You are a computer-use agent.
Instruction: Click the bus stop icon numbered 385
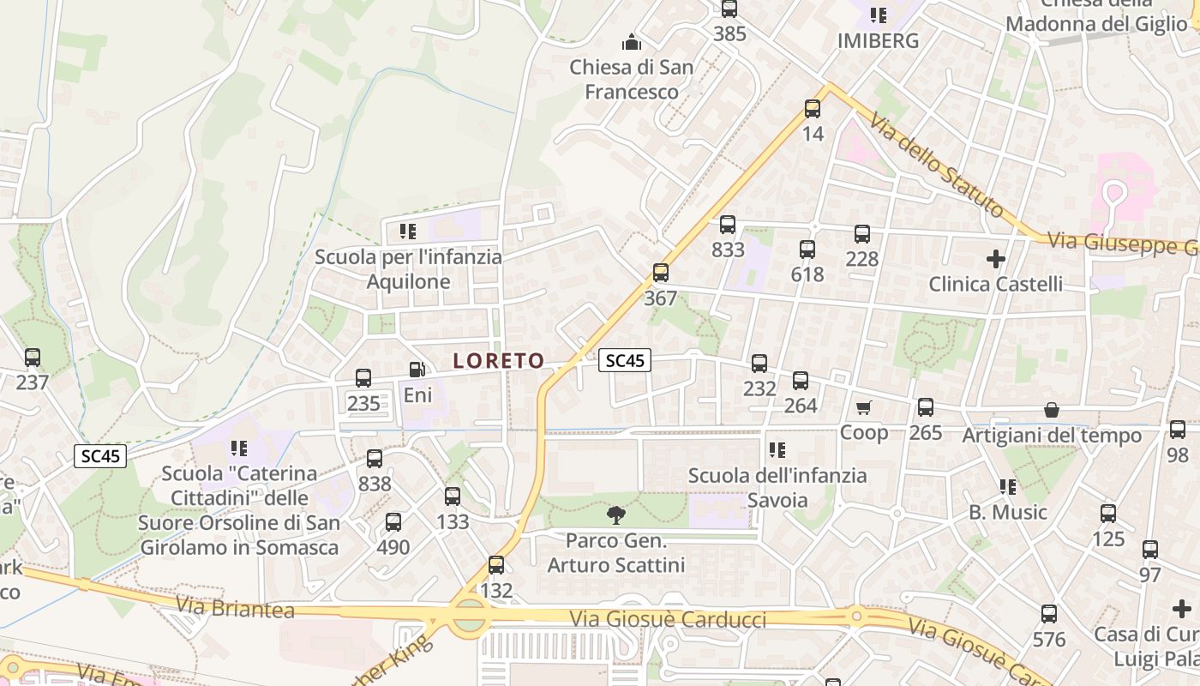[729, 9]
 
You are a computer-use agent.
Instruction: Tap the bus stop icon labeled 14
[813, 109]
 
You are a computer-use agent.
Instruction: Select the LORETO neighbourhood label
[499, 361]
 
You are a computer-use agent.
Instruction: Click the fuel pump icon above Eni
[417, 370]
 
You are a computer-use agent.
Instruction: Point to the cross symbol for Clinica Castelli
[996, 258]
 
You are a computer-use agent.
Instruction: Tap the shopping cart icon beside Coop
[863, 407]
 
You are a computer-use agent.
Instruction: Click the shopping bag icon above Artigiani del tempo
[1052, 411]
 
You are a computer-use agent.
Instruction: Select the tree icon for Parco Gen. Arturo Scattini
[615, 515]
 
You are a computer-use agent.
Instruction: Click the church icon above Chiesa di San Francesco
[632, 41]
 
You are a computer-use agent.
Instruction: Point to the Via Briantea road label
[235, 608]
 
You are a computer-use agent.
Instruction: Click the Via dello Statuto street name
[936, 165]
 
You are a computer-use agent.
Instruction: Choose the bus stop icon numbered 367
[660, 273]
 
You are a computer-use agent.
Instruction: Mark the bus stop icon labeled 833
[728, 225]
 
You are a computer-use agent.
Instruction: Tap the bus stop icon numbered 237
[33, 357]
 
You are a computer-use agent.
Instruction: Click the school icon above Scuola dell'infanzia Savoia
[777, 449]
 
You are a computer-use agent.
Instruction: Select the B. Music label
[1008, 512]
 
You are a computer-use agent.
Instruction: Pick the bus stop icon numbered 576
[1049, 614]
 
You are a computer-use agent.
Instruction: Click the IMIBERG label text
[878, 40]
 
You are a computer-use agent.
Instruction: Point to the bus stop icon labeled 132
[496, 565]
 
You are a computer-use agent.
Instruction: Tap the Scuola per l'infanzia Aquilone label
[408, 268]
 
